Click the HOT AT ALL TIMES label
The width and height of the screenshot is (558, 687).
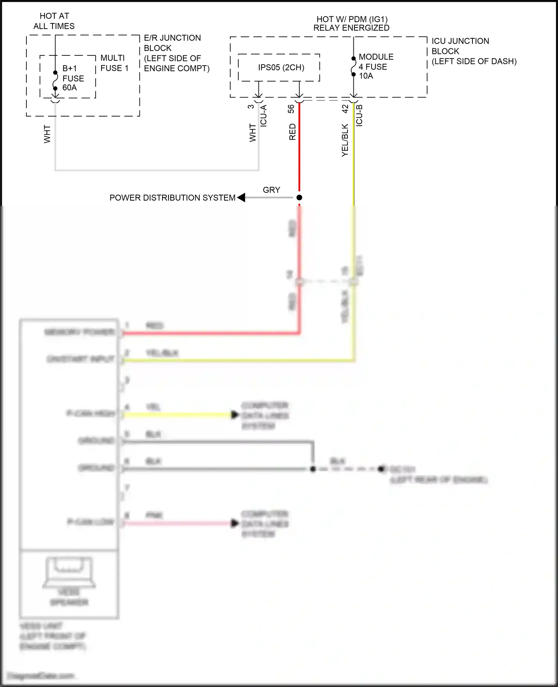pyautogui.click(x=54, y=21)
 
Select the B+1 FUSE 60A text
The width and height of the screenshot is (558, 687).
pyautogui.click(x=73, y=78)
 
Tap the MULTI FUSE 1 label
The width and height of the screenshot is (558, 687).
pyautogui.click(x=114, y=63)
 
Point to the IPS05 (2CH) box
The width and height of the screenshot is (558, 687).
pyautogui.click(x=281, y=67)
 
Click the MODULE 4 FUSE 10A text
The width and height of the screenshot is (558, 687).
pyautogui.click(x=375, y=66)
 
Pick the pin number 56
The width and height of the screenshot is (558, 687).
pyautogui.click(x=291, y=109)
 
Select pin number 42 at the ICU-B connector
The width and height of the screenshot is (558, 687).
pyautogui.click(x=345, y=109)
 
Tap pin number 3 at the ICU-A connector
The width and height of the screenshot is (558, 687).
pyautogui.click(x=251, y=106)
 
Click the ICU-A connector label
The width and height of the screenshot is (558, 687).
pyautogui.click(x=263, y=116)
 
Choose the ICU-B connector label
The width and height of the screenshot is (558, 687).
pyautogui.click(x=359, y=115)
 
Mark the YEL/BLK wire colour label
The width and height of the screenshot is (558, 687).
pyautogui.click(x=345, y=140)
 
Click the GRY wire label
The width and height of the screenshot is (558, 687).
pyautogui.click(x=271, y=190)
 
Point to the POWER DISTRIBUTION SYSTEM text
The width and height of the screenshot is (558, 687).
pyautogui.click(x=172, y=198)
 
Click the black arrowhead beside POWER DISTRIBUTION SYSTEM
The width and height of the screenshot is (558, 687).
pyautogui.click(x=241, y=197)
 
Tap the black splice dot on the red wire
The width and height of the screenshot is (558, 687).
pyautogui.click(x=299, y=197)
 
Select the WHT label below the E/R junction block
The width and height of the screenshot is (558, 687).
pyautogui.click(x=47, y=134)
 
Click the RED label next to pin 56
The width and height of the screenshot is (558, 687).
pyautogui.click(x=292, y=132)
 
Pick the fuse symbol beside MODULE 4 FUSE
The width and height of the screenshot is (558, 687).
pyautogui.click(x=353, y=66)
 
